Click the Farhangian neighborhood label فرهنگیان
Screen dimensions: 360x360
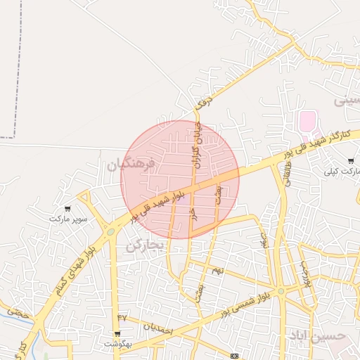[130, 165]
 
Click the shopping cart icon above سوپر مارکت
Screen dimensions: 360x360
[68, 208]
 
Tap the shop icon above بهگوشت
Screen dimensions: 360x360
[117, 333]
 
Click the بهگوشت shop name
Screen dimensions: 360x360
[117, 344]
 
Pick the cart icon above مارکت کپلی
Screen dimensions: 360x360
[351, 161]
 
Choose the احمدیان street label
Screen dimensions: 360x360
[157, 326]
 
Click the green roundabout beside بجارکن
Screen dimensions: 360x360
[110, 231]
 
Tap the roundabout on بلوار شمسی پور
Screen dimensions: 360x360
[281, 291]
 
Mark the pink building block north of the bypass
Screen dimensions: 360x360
[307, 121]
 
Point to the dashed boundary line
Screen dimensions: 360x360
[16, 70]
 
